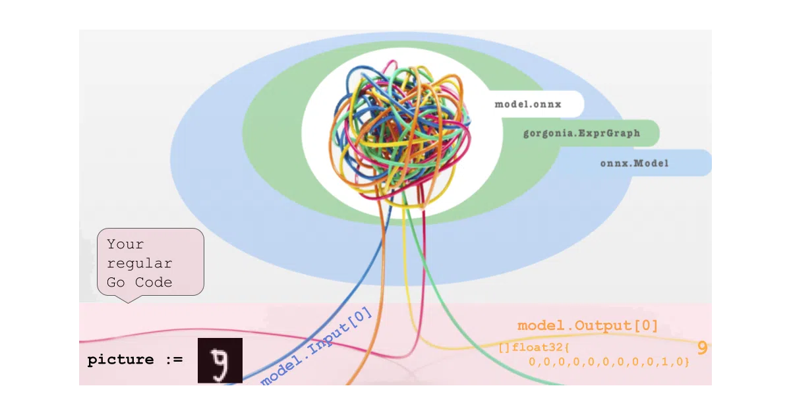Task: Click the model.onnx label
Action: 528,105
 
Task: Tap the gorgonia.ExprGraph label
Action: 581,133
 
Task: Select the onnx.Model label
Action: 635,163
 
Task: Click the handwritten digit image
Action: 220,360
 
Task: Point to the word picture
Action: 121,360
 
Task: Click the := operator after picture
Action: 174,360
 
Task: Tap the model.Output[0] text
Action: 588,325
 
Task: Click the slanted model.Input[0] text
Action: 316,346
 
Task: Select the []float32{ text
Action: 534,348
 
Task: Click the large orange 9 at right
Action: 703,348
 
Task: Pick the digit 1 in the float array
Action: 664,362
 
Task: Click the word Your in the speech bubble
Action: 125,244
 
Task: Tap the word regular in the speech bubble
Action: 140,263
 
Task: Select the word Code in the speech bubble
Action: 154,283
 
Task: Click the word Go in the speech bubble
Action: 116,283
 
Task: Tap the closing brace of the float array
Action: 687,362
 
